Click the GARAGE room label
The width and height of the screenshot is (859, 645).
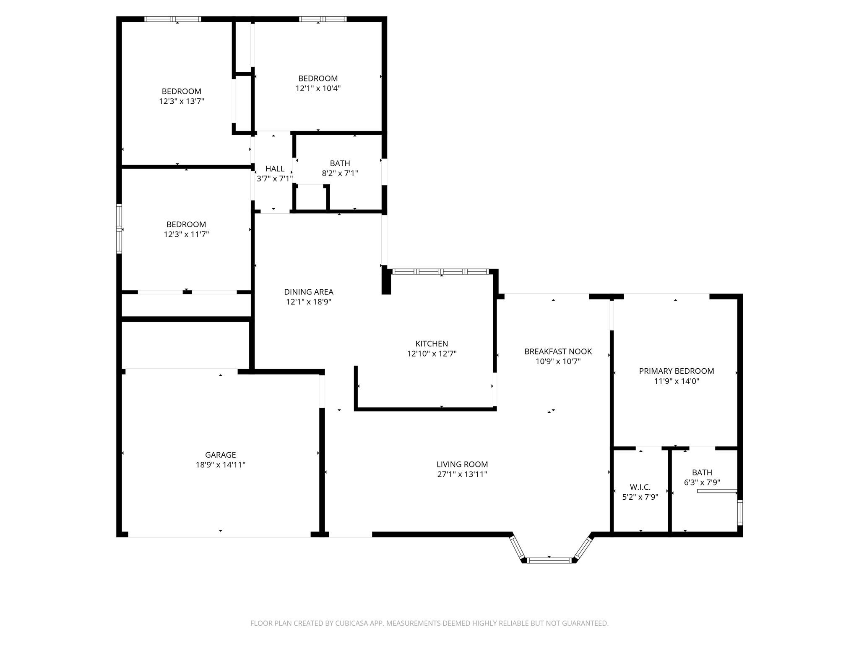220,455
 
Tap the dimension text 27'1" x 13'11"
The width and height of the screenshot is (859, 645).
462,475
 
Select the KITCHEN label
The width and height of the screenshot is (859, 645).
432,343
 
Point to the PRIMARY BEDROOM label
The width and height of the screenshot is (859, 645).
676,371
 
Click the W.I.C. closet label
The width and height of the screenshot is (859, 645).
640,487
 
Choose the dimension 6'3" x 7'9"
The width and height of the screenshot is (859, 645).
702,482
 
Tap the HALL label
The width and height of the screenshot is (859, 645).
275,169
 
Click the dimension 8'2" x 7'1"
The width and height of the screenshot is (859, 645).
340,173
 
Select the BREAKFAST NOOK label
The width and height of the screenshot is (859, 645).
558,351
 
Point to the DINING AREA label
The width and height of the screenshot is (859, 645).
309,292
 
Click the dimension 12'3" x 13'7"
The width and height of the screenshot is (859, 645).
181,101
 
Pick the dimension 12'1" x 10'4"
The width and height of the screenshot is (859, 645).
318,88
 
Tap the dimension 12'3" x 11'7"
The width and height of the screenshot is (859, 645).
186,234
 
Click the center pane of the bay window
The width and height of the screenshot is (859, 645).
549,560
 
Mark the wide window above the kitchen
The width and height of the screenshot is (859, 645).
441,272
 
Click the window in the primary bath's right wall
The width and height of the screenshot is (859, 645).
740,512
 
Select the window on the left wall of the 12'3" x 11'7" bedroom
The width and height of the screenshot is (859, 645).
119,229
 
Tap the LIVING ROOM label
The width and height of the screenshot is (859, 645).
462,464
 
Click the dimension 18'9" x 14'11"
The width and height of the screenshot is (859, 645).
220,465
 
